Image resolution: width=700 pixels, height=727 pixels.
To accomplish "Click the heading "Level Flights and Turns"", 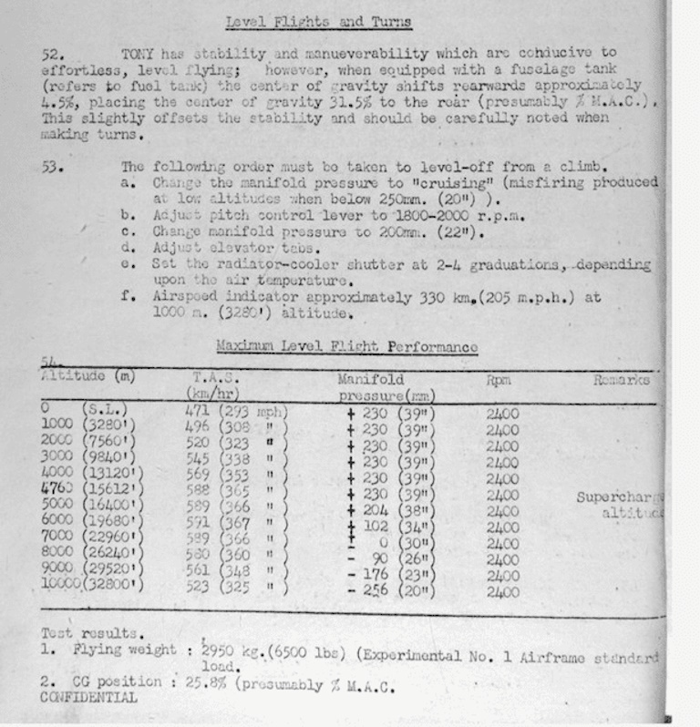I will [x=319, y=22].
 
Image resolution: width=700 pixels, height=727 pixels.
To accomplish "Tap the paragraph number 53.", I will [x=52, y=167].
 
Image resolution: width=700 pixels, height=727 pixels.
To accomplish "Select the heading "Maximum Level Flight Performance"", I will [x=346, y=347].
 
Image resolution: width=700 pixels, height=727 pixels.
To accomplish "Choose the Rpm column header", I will [x=499, y=380].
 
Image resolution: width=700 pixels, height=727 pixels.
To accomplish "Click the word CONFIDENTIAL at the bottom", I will [x=89, y=698].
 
